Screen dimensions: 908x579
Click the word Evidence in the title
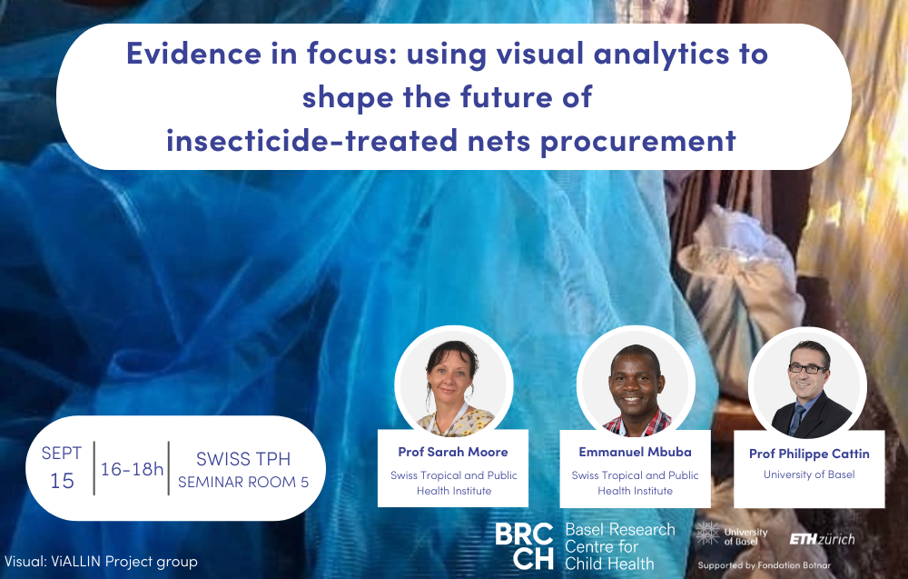click(194, 54)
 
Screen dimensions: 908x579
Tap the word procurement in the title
click(638, 141)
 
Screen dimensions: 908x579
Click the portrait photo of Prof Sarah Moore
click(453, 384)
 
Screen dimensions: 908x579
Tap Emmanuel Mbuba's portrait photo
click(636, 384)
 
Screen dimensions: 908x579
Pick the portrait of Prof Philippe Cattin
click(808, 385)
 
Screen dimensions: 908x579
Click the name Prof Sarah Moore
click(453, 452)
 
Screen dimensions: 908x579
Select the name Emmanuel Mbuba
click(636, 452)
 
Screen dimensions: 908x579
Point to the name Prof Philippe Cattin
click(809, 454)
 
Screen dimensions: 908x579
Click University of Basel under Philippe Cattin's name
click(809, 474)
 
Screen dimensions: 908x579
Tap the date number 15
click(62, 481)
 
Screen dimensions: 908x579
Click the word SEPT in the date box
click(62, 454)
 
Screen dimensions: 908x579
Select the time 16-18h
click(132, 469)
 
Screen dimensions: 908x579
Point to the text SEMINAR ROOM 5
click(243, 483)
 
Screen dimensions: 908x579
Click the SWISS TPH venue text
click(243, 459)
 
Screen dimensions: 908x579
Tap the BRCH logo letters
click(525, 545)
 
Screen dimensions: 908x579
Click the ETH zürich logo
click(823, 540)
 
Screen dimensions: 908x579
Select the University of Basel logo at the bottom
click(732, 534)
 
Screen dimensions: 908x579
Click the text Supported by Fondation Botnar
click(765, 565)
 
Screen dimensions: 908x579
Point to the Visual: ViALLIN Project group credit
click(102, 562)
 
